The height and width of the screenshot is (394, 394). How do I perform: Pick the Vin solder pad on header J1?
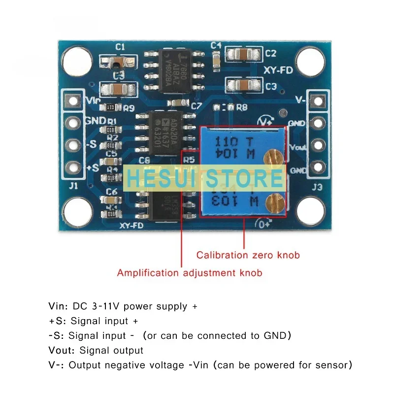pos(74,101)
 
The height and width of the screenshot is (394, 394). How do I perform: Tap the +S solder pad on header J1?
pos(74,167)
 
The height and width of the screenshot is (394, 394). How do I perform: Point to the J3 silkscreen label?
pos(317,187)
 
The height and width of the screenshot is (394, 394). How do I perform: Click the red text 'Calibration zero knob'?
pos(248,255)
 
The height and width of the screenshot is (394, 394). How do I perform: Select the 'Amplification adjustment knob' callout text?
pos(190,272)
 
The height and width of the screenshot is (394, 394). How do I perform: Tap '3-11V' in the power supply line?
pos(104,306)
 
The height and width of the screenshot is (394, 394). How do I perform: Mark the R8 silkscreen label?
pos(241,106)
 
